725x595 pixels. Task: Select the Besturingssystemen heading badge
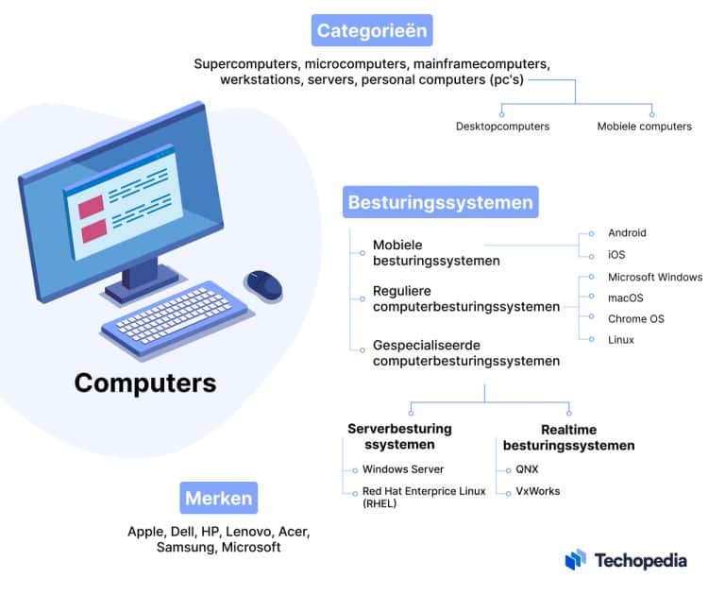point(441,202)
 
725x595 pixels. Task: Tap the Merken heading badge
point(218,498)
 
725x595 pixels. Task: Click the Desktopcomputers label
point(502,126)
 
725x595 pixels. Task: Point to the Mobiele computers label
point(644,126)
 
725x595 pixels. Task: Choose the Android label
point(627,232)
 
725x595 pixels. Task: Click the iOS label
point(616,255)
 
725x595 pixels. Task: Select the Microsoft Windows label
point(655,277)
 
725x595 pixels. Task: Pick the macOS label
point(626,297)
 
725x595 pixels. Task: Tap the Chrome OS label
point(635,318)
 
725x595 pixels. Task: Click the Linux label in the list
point(621,339)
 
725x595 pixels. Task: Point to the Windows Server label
point(403,469)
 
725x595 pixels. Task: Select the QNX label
point(528,469)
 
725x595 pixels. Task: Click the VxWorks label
point(537,491)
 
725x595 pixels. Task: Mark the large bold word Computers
point(145,382)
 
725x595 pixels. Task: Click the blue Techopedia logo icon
point(575,560)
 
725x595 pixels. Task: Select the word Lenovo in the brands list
point(248,532)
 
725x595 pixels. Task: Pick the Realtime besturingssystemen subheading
point(568,436)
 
